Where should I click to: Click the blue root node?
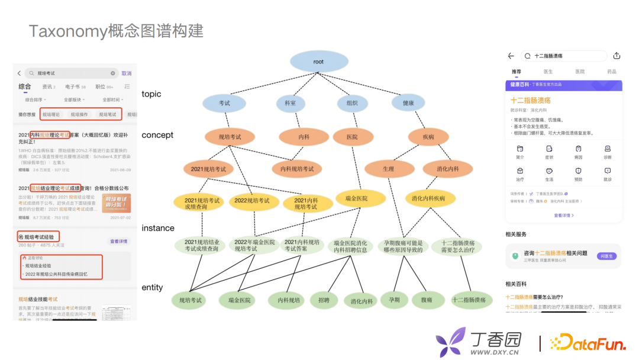coord(319,62)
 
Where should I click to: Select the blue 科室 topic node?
coord(290,103)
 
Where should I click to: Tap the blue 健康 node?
coord(408,103)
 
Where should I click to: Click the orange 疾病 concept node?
coord(428,137)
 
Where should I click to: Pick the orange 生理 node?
coord(389,169)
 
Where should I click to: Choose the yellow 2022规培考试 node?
coord(254,201)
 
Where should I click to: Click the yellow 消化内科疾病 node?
coord(428,198)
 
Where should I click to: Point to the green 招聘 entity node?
coord(324,300)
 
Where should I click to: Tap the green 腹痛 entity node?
coord(427,300)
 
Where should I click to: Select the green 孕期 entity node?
coord(395,300)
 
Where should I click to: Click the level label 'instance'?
coord(158,228)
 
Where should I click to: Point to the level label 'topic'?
coord(151,94)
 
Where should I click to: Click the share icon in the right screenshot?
coord(617,56)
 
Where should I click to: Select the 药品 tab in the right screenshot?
coord(611,72)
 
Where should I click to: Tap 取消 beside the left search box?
coord(127,73)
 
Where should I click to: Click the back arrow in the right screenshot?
coord(511,56)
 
